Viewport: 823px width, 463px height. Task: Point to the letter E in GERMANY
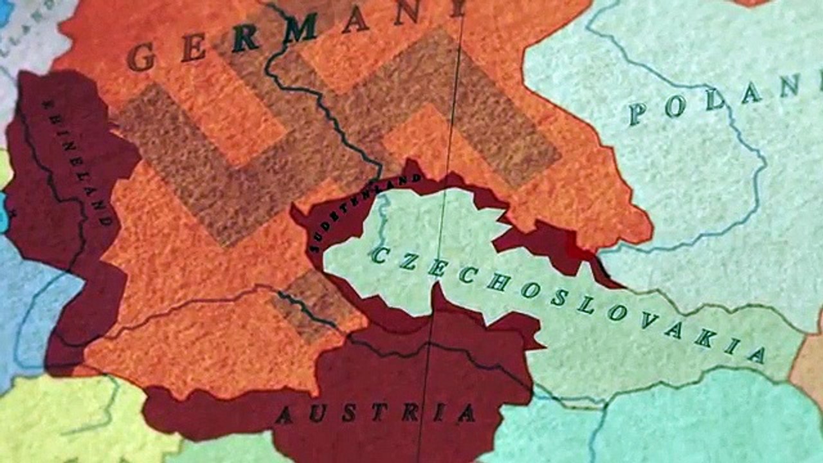click(194, 48)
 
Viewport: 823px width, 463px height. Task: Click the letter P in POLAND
click(637, 114)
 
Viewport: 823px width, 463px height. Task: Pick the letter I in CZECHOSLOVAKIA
click(731, 345)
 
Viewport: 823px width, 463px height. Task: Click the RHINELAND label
click(77, 161)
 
